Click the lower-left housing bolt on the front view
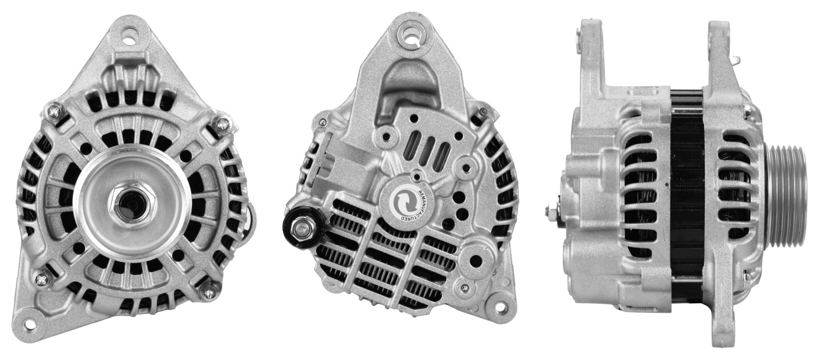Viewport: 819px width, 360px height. pos(42,288)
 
